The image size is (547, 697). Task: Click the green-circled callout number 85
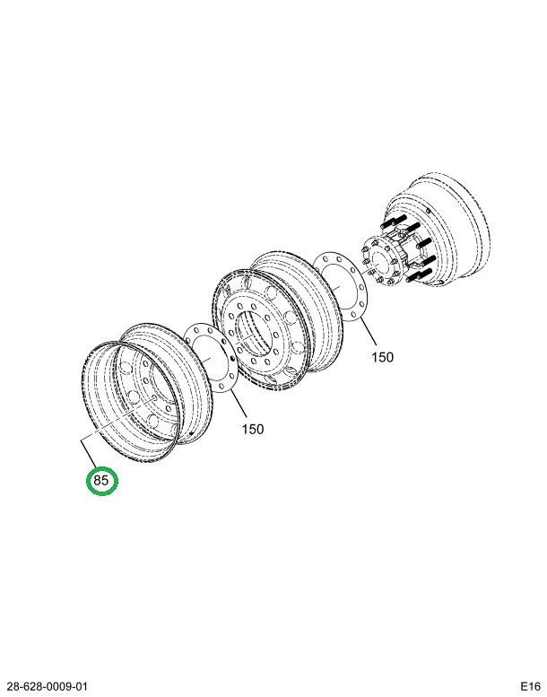[100, 481]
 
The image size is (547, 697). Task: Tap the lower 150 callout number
[252, 430]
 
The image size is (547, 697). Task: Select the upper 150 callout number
[383, 357]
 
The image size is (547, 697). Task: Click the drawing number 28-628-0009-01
[44, 685]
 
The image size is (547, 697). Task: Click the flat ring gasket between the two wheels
[211, 358]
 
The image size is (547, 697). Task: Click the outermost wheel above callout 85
[147, 394]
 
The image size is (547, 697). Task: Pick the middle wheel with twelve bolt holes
[278, 320]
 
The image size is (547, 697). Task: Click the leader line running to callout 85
[117, 420]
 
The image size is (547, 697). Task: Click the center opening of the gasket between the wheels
[211, 358]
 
